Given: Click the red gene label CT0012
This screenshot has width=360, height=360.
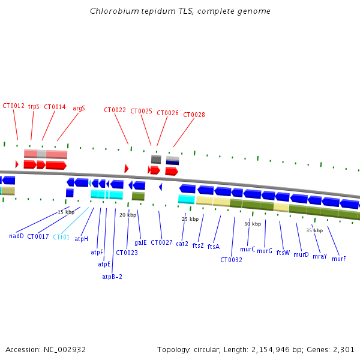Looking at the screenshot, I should [x=13, y=106].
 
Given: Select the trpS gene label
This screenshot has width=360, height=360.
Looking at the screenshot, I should [x=34, y=106].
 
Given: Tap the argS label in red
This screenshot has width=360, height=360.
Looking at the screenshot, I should [x=79, y=109].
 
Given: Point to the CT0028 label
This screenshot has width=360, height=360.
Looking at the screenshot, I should [x=194, y=115].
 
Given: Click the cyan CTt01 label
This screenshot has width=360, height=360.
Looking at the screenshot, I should [x=61, y=237].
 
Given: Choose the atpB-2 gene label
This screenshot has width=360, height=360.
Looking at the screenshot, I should [x=112, y=277].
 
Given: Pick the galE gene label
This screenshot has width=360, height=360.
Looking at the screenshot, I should [x=140, y=243].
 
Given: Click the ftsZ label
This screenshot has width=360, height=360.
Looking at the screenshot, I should [x=198, y=246].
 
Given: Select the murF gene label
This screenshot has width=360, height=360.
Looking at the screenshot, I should [x=338, y=259].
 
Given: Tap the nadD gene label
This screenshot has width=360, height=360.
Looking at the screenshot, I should [x=16, y=236].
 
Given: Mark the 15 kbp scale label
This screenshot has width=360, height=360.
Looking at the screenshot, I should [x=66, y=212].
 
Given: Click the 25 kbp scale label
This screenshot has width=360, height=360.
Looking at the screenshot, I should [x=190, y=219].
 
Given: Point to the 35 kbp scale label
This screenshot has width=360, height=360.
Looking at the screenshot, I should [x=314, y=230].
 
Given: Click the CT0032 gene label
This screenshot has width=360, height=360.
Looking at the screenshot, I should [x=231, y=260].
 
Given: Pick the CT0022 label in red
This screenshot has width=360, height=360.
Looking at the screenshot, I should [x=115, y=110].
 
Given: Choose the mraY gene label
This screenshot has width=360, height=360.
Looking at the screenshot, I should [x=319, y=256].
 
